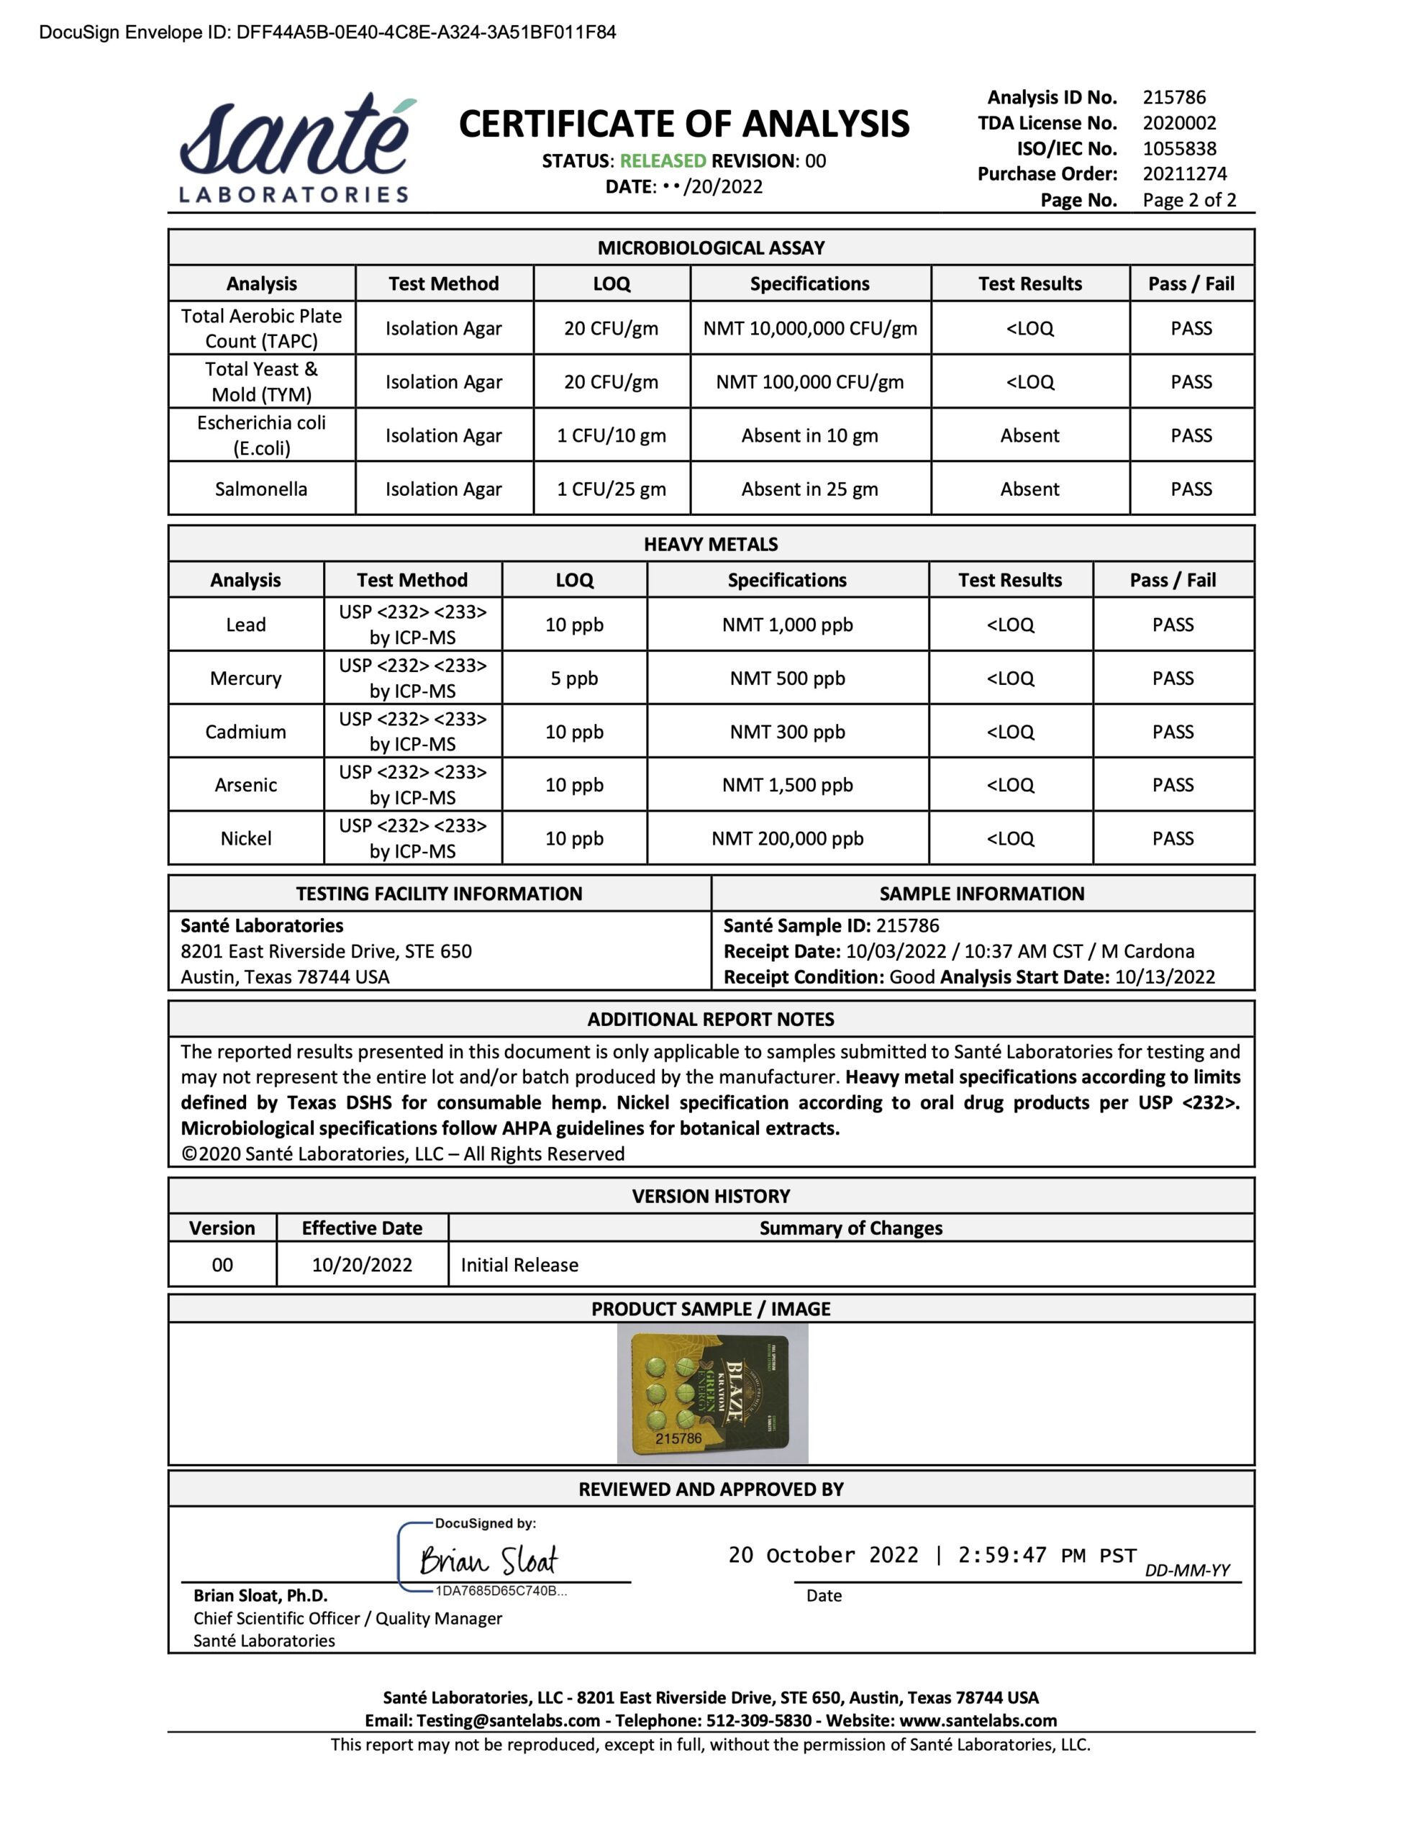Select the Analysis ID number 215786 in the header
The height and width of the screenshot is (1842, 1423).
tap(1173, 97)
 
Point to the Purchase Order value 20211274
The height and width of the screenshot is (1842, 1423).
tap(1184, 173)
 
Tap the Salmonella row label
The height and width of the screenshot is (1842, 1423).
tap(260, 489)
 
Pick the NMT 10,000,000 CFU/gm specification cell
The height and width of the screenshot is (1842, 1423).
tap(810, 328)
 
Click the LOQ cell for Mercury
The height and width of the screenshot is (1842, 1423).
tap(573, 678)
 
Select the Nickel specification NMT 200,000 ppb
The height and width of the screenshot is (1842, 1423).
tap(787, 838)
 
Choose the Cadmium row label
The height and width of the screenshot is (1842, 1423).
tap(245, 732)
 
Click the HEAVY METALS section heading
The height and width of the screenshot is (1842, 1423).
tap(710, 544)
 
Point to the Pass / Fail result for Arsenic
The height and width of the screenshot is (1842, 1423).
tap(1173, 785)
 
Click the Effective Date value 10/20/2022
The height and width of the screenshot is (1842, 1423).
tap(362, 1265)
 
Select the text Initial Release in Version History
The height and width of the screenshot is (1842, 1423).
tap(519, 1265)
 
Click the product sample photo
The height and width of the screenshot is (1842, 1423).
tap(712, 1392)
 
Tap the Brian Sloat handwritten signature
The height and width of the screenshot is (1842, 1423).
tap(488, 1560)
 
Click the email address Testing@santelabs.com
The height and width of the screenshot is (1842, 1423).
tap(508, 1720)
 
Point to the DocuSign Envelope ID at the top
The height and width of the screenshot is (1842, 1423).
tap(327, 32)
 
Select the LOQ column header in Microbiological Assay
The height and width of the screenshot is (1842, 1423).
tap(611, 283)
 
